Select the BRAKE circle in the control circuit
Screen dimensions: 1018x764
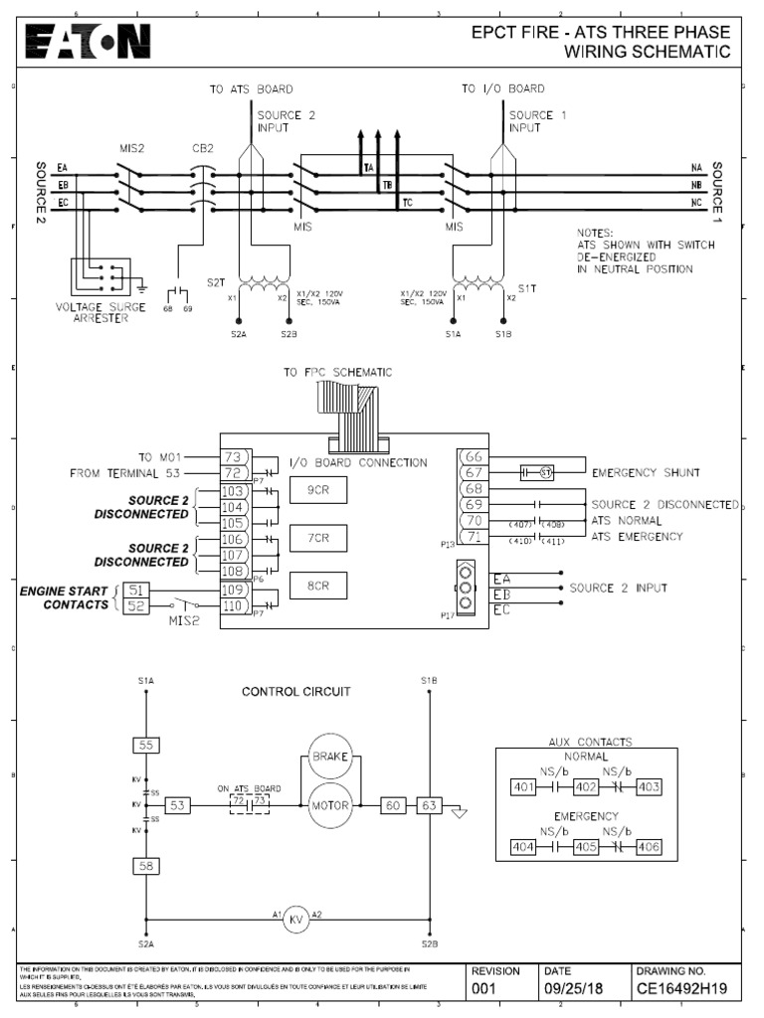tap(328, 757)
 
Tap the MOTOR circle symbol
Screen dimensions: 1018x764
tap(329, 804)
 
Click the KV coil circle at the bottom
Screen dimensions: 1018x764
tap(295, 920)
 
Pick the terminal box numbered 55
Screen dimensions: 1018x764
tap(145, 745)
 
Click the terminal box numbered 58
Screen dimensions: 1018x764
tap(145, 867)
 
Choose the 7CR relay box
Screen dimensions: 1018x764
tap(318, 538)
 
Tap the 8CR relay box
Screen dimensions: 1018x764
tap(318, 587)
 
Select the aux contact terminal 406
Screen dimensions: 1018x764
tap(648, 847)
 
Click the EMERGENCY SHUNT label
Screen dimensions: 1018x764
tap(646, 473)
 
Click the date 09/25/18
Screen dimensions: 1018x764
tap(574, 989)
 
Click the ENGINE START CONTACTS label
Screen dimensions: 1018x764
tap(64, 597)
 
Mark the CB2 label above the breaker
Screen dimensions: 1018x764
tap(203, 149)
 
